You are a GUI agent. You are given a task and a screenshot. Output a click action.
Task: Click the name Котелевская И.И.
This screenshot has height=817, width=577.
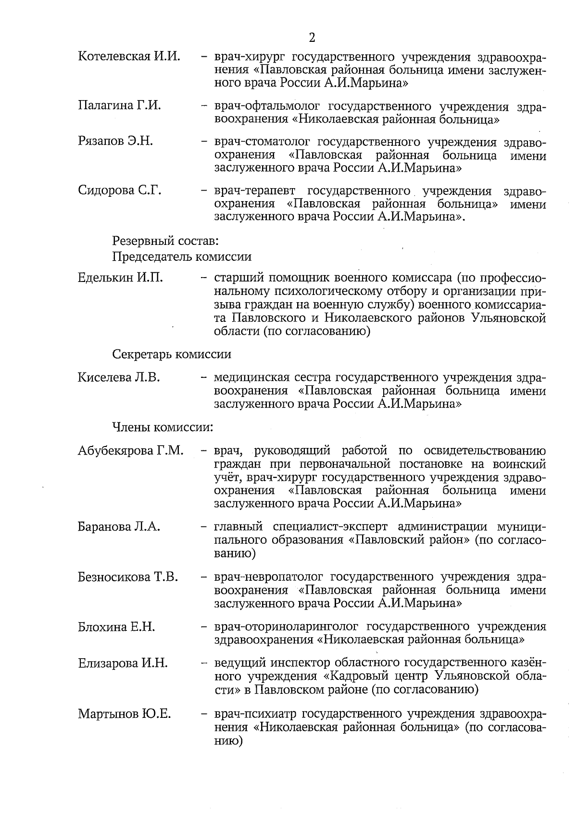tap(129, 56)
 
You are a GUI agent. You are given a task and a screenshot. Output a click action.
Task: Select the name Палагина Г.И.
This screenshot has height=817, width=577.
tap(119, 105)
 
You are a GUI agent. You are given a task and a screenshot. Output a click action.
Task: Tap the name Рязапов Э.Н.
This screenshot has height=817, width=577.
tap(115, 141)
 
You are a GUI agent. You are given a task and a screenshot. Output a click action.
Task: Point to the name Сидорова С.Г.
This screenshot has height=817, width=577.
tap(119, 190)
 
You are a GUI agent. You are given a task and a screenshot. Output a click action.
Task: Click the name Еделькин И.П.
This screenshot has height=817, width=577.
tap(120, 278)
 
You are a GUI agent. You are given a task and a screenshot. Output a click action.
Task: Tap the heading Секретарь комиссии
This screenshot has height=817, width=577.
tap(172, 355)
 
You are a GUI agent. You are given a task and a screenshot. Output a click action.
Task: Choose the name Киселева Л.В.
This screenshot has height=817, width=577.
tap(119, 377)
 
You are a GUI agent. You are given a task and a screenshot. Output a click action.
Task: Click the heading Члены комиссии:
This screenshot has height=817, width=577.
tap(163, 427)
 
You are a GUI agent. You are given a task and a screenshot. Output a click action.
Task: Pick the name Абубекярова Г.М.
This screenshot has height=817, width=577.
tap(130, 451)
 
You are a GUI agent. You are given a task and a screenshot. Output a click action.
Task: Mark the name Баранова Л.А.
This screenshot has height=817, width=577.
tap(119, 527)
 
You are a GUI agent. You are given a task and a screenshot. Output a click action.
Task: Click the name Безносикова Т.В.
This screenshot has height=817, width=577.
tap(128, 577)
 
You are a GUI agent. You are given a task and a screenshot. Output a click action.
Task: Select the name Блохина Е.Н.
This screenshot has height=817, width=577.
tap(116, 627)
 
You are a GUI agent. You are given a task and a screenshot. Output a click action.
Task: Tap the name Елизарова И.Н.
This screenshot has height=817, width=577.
tap(123, 664)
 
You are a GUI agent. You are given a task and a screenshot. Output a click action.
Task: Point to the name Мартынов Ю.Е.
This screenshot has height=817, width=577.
tap(125, 714)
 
